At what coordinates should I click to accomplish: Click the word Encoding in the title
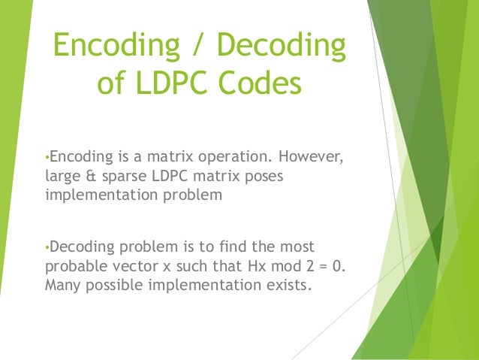pos(119,47)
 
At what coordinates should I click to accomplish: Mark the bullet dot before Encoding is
pos(47,159)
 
